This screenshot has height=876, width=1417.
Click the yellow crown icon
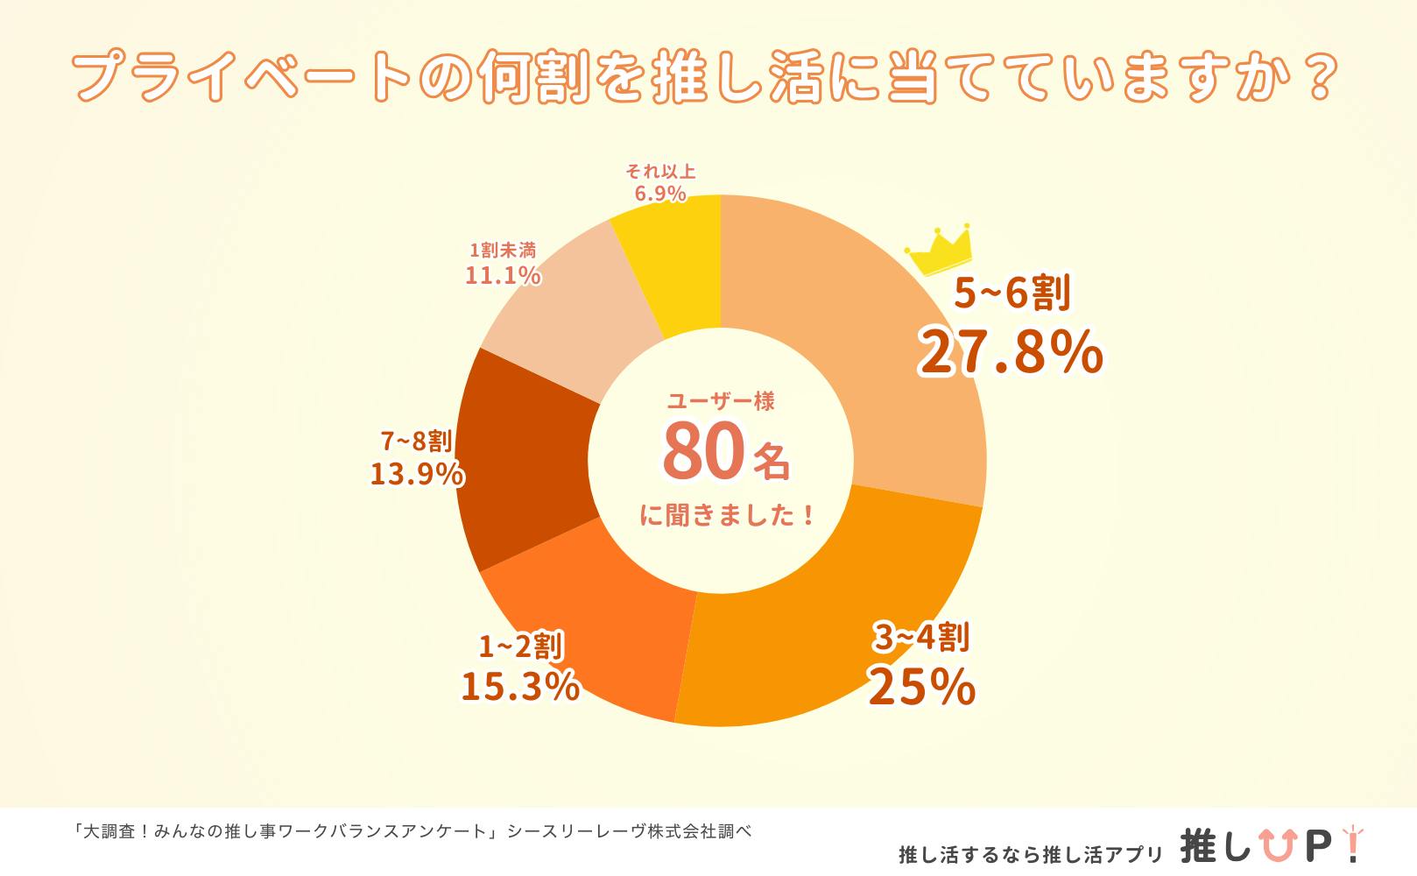click(x=939, y=250)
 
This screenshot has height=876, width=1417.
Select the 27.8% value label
click(x=1011, y=352)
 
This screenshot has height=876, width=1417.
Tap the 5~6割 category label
click(x=1012, y=293)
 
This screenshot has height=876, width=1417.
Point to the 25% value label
click(x=921, y=686)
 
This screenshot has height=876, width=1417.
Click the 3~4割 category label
click(x=921, y=638)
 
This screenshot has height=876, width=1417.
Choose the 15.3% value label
click(x=520, y=686)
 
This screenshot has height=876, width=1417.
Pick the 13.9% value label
click(x=417, y=473)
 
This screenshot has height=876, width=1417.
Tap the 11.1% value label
click(x=503, y=275)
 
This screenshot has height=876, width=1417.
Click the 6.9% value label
click(x=660, y=194)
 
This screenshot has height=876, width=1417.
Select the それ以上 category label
click(x=660, y=172)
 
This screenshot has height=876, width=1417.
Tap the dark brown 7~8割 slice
click(x=521, y=464)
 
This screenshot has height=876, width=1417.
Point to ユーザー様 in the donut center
click(x=721, y=401)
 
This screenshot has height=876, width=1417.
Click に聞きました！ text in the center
click(x=729, y=515)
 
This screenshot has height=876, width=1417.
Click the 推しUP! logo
click(x=1271, y=846)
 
